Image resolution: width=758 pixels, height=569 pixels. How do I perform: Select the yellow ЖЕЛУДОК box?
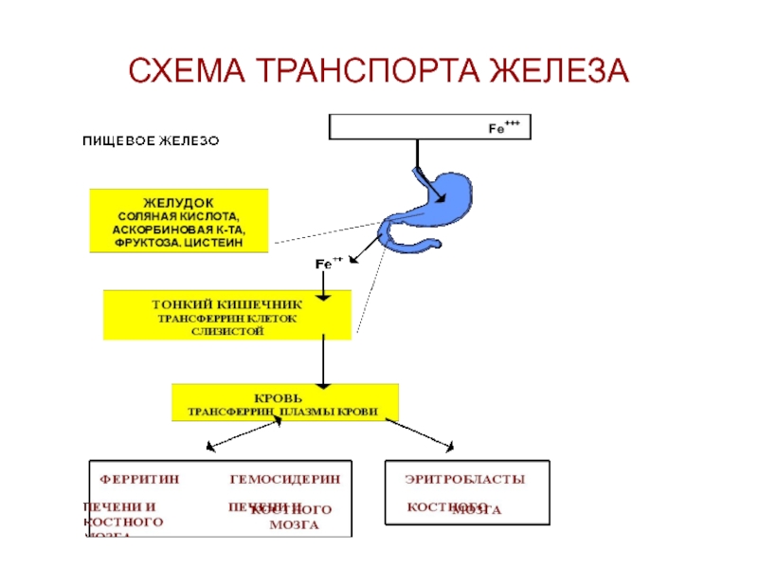coord(179,220)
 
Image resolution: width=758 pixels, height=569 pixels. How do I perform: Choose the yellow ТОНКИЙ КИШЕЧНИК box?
coord(227,316)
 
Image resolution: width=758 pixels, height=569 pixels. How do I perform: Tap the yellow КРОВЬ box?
coord(285,402)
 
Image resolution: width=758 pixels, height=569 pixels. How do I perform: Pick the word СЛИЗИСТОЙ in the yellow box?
coord(227,331)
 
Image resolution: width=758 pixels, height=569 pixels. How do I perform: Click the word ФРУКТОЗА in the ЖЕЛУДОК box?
coord(147,243)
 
